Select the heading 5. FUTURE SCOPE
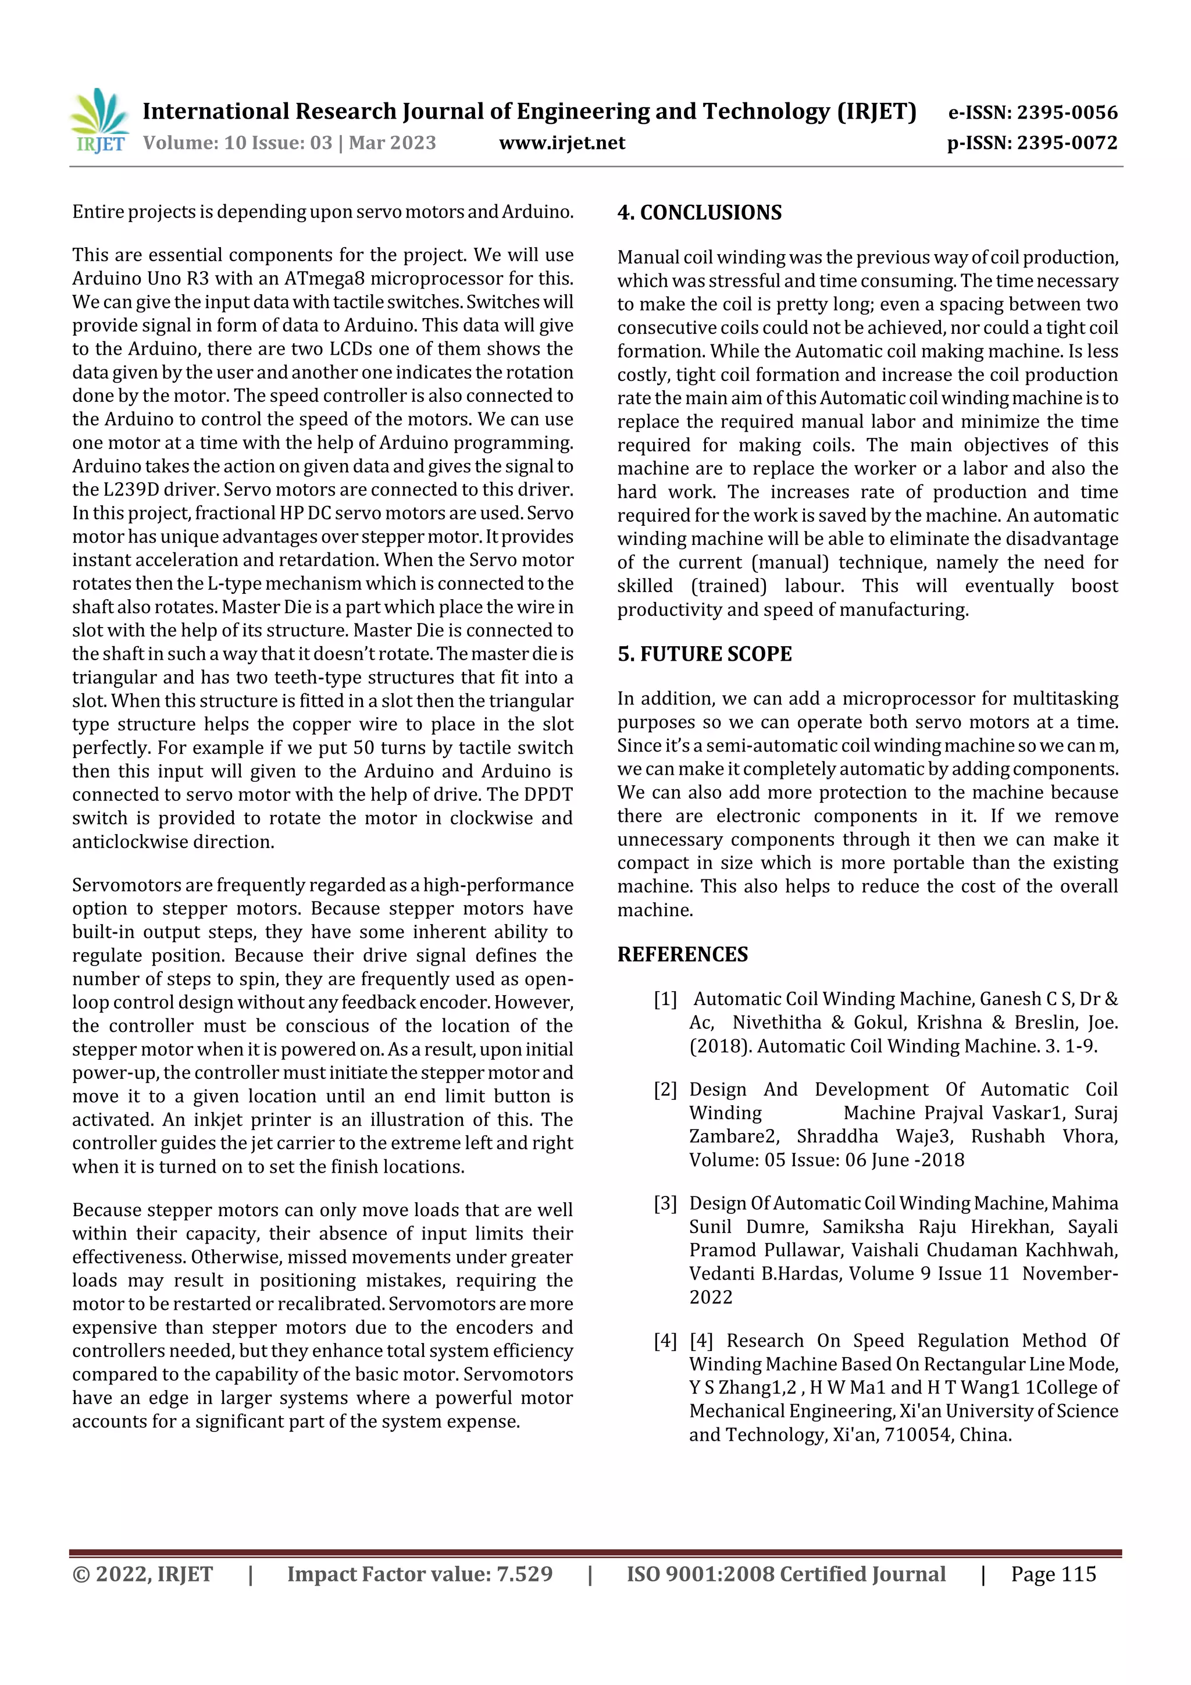point(704,654)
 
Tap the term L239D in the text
point(126,490)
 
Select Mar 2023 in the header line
point(392,143)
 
